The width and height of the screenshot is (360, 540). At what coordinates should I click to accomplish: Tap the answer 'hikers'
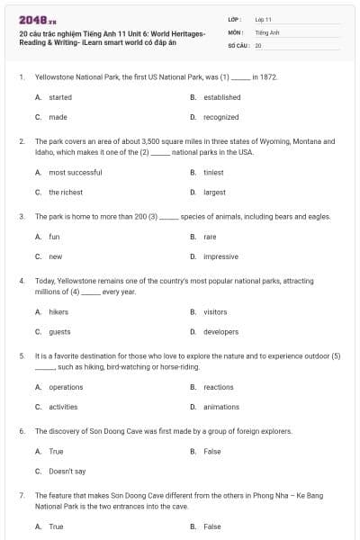[x=58, y=312]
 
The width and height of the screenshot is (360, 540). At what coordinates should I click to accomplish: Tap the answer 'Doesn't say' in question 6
[x=67, y=471]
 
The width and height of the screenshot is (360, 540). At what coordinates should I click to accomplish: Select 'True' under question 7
[x=56, y=526]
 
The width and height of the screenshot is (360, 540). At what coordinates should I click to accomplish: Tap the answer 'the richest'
[x=66, y=193]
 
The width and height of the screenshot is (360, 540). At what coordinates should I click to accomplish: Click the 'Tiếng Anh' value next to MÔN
[x=266, y=31]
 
